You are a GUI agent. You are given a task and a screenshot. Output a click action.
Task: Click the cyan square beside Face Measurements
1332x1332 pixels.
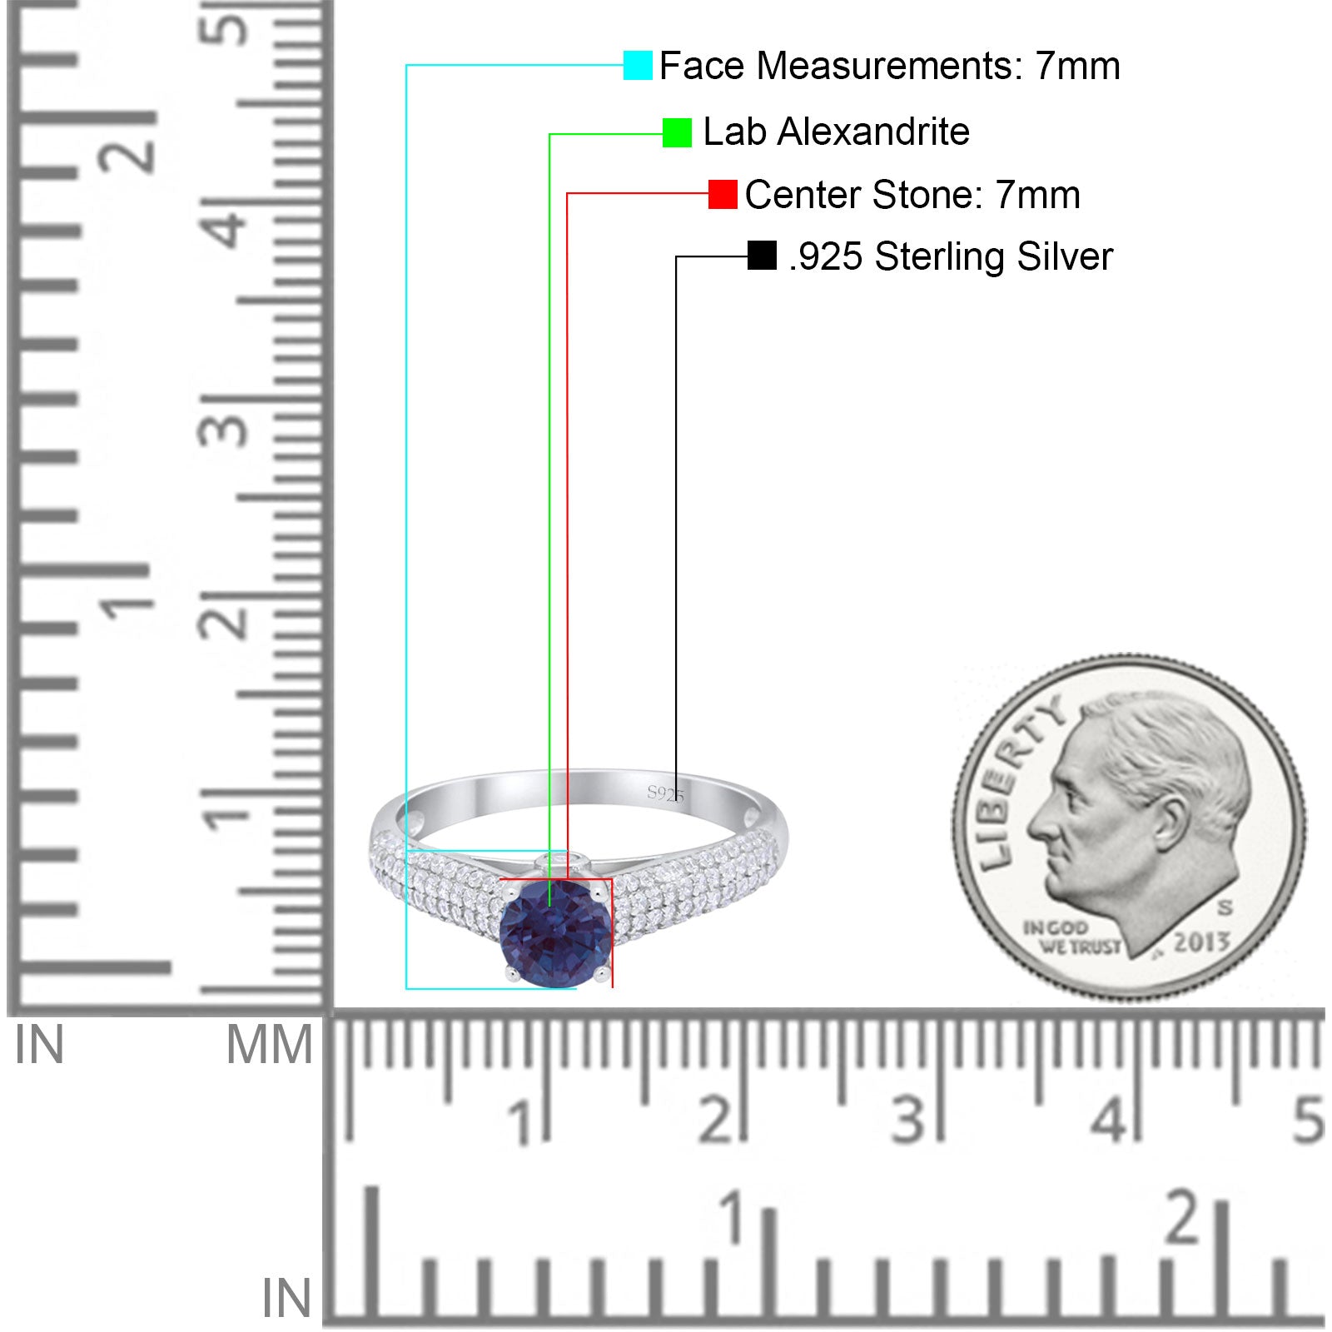[x=638, y=65]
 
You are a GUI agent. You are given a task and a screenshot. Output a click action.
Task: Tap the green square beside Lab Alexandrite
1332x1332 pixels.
[x=677, y=132]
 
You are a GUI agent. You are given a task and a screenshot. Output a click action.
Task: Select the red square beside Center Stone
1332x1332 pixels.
[x=723, y=194]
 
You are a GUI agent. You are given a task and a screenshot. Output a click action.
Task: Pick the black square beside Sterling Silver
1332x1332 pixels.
[x=762, y=256]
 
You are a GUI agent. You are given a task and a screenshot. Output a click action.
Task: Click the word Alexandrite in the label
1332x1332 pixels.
[x=873, y=132]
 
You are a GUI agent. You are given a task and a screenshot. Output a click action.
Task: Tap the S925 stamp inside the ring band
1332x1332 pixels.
[x=665, y=793]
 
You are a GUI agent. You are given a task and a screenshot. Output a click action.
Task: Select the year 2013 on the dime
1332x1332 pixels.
[x=1201, y=942]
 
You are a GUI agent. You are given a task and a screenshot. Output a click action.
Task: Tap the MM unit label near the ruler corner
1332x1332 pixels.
[x=269, y=1045]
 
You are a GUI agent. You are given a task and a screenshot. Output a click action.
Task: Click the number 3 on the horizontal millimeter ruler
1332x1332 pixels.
[x=909, y=1120]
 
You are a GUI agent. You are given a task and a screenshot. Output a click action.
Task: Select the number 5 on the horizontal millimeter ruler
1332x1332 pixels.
[x=1308, y=1120]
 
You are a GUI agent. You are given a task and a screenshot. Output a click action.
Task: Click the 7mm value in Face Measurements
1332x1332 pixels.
[x=1078, y=66]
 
